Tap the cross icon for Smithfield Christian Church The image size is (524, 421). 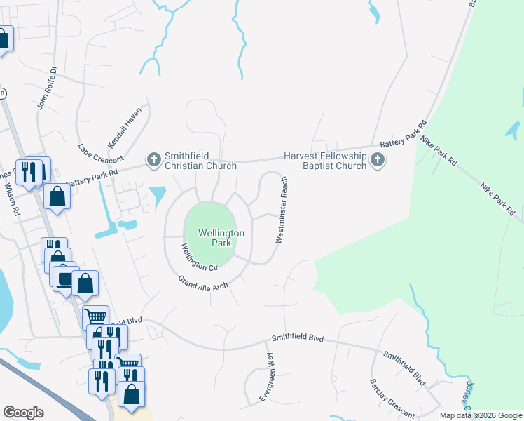coord(153,161)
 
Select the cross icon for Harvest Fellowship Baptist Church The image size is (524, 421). coord(378,161)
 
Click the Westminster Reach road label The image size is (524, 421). coord(282,209)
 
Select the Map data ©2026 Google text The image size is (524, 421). coord(481,415)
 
